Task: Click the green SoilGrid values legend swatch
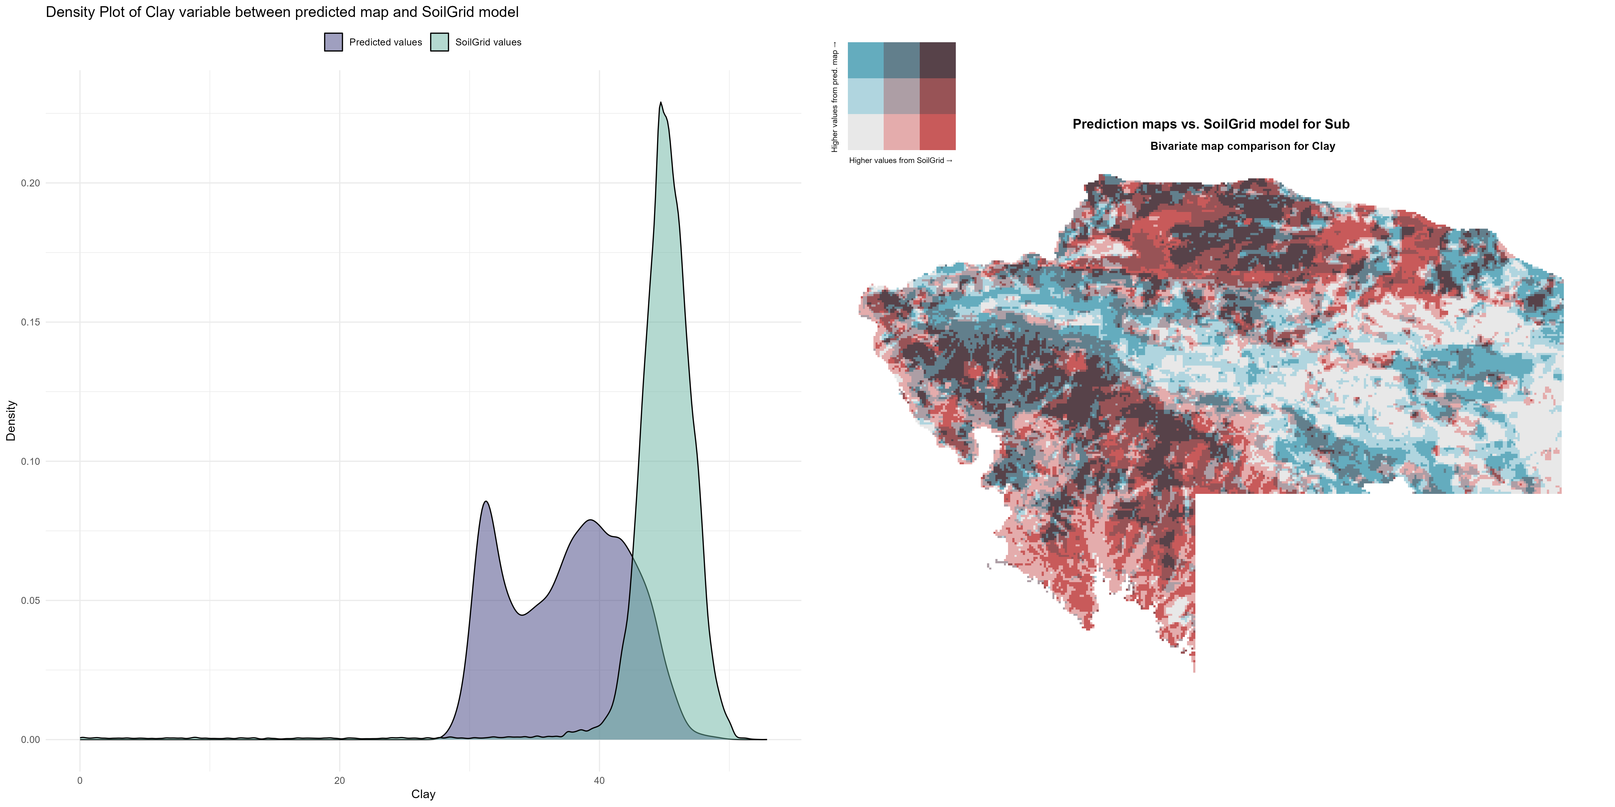click(x=440, y=42)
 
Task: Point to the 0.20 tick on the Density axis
click(x=30, y=183)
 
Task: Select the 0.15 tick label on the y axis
click(x=30, y=322)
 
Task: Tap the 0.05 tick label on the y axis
click(x=30, y=600)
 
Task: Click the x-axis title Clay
click(x=423, y=794)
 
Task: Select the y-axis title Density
click(x=11, y=420)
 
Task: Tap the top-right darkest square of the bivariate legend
click(x=937, y=60)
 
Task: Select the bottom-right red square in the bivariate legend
click(x=937, y=132)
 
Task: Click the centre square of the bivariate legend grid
click(x=901, y=96)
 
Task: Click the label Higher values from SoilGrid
click(x=900, y=160)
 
